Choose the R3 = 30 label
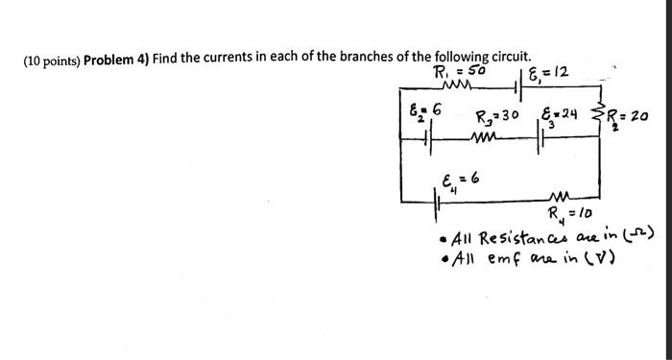[x=497, y=116]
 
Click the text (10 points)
[x=50, y=60]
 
